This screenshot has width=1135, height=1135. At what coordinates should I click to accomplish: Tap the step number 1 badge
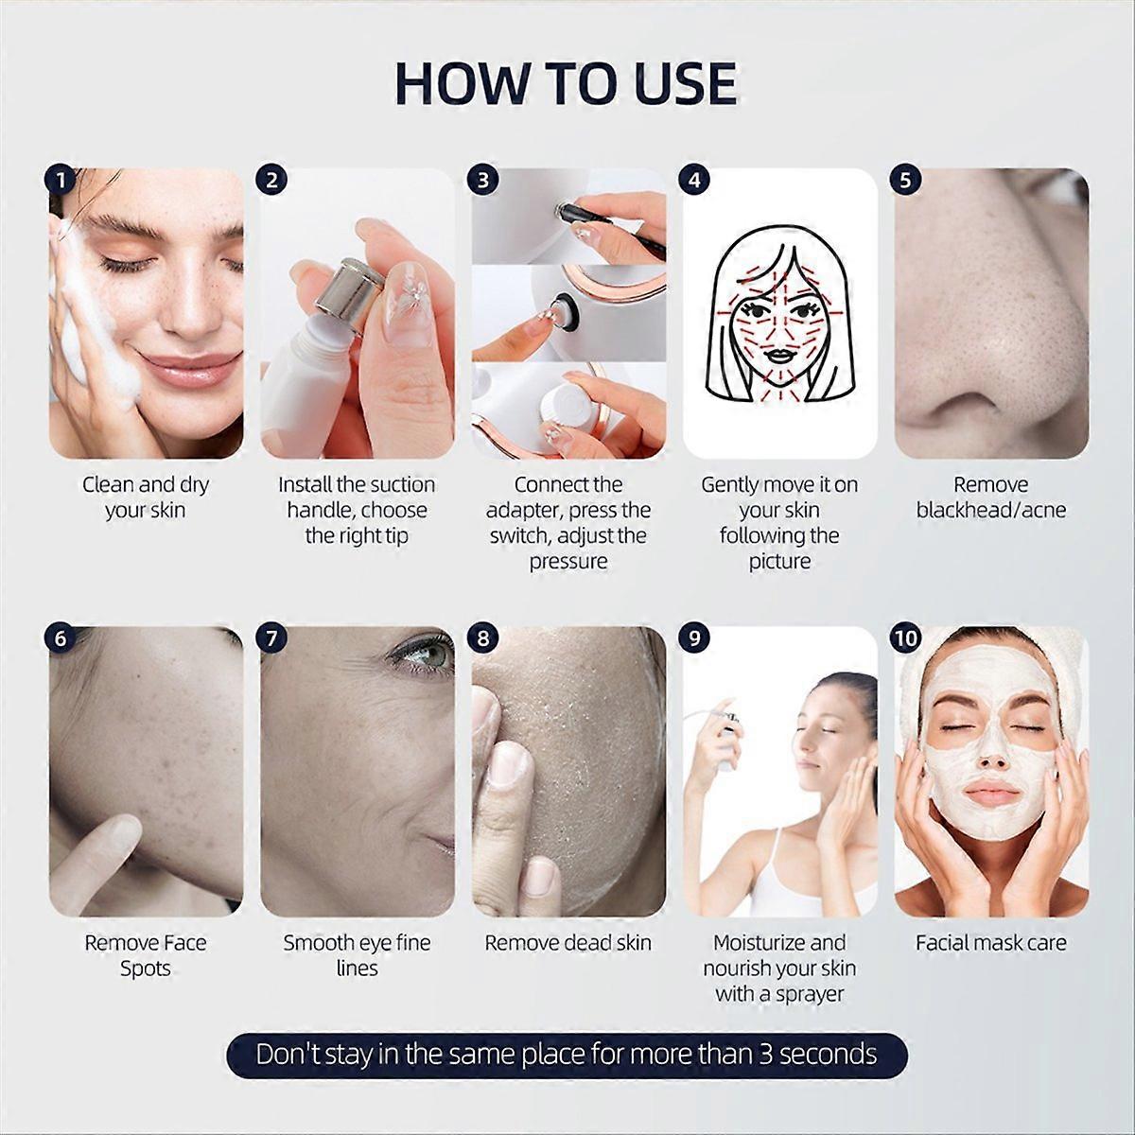coord(61,180)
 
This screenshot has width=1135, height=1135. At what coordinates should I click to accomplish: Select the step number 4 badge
coord(695,180)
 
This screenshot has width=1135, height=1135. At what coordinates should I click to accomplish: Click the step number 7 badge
coord(272,638)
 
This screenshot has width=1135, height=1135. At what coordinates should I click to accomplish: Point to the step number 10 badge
coord(906,638)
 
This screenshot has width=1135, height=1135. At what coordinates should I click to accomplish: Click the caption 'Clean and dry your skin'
coord(145,498)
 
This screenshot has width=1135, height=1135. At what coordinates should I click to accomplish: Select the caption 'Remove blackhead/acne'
coord(990,498)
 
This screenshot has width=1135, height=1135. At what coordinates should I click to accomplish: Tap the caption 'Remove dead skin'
coord(567,943)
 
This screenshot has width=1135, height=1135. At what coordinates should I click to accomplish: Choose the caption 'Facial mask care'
coord(990,943)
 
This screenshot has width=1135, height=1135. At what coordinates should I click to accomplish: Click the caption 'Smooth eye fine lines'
coord(357,955)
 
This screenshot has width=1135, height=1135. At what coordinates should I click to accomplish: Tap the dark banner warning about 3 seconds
coord(567,1055)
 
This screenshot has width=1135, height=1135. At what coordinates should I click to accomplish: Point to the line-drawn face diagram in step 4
coord(779,312)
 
